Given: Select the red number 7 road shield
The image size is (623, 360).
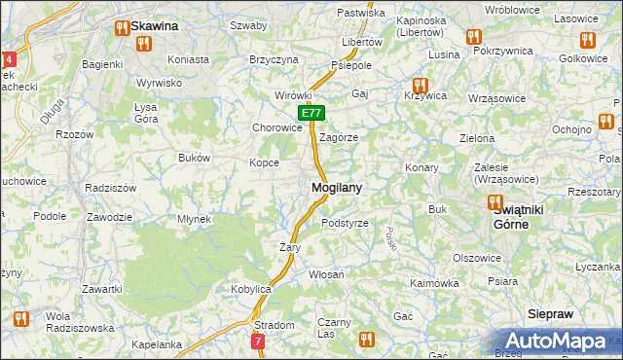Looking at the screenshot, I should click(x=257, y=342).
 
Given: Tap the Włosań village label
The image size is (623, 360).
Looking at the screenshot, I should click(x=326, y=275).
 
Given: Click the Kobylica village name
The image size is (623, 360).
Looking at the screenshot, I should click(x=250, y=290).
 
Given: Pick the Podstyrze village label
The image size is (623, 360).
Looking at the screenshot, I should click(x=345, y=223).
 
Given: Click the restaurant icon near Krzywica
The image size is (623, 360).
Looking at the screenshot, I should click(x=421, y=86).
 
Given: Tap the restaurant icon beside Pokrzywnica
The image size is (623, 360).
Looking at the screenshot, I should click(x=474, y=36).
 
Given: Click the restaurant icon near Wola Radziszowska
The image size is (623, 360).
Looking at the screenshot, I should click(x=20, y=317).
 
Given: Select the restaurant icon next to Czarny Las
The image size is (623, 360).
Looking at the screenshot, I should click(x=366, y=339).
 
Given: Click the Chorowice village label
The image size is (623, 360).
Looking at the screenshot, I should click(x=277, y=127).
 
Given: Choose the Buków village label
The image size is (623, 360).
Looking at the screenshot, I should click(x=195, y=157).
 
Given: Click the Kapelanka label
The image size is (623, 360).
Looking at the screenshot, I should click(x=157, y=344).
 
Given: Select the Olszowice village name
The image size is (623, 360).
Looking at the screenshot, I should click(x=477, y=258).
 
